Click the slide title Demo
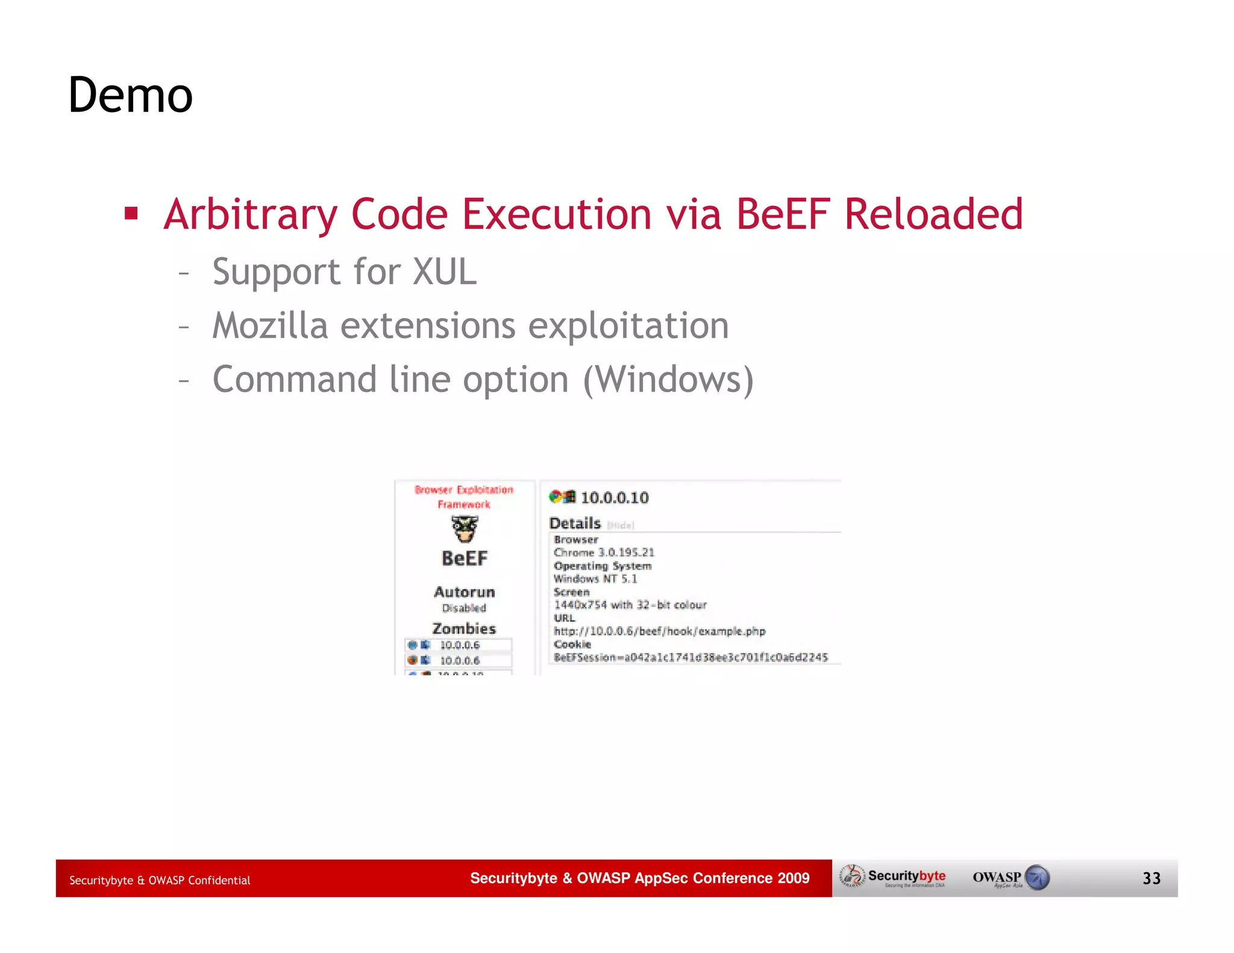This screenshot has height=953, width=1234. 130,95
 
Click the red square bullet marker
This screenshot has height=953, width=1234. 131,213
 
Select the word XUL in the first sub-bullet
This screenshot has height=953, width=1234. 444,272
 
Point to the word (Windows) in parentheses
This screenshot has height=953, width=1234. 668,380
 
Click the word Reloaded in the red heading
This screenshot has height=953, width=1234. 933,214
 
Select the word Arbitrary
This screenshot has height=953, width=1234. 251,215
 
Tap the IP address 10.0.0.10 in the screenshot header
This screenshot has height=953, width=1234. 615,498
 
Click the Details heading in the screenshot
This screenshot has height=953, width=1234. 575,523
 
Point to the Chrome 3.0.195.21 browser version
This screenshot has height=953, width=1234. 604,552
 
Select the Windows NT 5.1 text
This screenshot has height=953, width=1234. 595,579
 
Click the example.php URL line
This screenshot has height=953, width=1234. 659,631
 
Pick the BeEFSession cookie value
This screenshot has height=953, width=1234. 691,657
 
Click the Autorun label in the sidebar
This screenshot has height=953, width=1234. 464,592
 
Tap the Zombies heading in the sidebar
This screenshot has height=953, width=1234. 464,628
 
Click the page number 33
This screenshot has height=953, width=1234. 1151,878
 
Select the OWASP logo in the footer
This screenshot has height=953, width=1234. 1010,878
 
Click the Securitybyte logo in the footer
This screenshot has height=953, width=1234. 894,877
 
